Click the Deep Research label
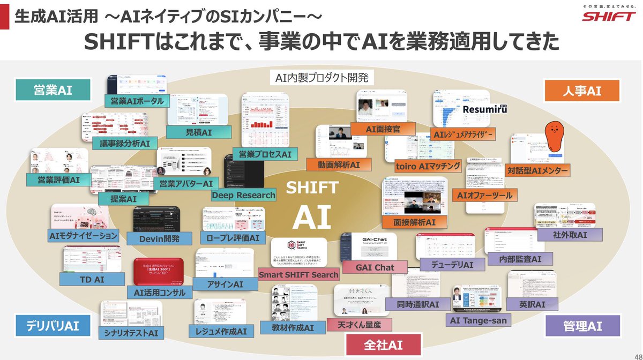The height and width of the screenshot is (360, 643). click(x=243, y=196)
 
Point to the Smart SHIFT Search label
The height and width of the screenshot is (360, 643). click(x=298, y=275)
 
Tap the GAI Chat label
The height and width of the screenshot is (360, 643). click(x=375, y=267)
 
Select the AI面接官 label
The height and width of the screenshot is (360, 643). click(x=383, y=129)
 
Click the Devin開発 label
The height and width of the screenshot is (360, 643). click(x=159, y=239)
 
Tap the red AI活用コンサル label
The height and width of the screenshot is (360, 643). click(x=160, y=292)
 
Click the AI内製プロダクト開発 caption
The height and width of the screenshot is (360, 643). click(x=322, y=78)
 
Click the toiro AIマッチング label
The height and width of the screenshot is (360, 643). click(x=427, y=167)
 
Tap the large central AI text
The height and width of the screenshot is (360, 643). click(x=312, y=217)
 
